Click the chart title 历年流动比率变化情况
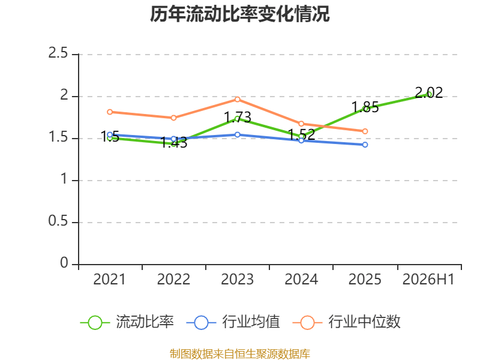point(239,14)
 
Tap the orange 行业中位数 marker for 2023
point(238,100)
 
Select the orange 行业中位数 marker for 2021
point(110,112)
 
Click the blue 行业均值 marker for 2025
point(365,145)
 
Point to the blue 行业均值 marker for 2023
point(238,134)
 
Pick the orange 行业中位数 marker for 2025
point(365,131)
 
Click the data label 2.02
point(428,93)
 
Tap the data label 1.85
point(365,107)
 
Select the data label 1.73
point(238,118)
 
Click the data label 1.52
point(302,134)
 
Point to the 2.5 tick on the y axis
point(58,53)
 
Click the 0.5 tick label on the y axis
point(58,221)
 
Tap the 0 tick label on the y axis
point(64,263)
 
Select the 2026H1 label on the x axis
point(428,280)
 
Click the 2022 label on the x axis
point(173,280)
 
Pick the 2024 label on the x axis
point(301,280)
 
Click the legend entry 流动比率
point(127,322)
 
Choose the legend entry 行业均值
point(233,322)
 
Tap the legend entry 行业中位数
point(346,322)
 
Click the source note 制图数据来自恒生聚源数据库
point(240,354)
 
